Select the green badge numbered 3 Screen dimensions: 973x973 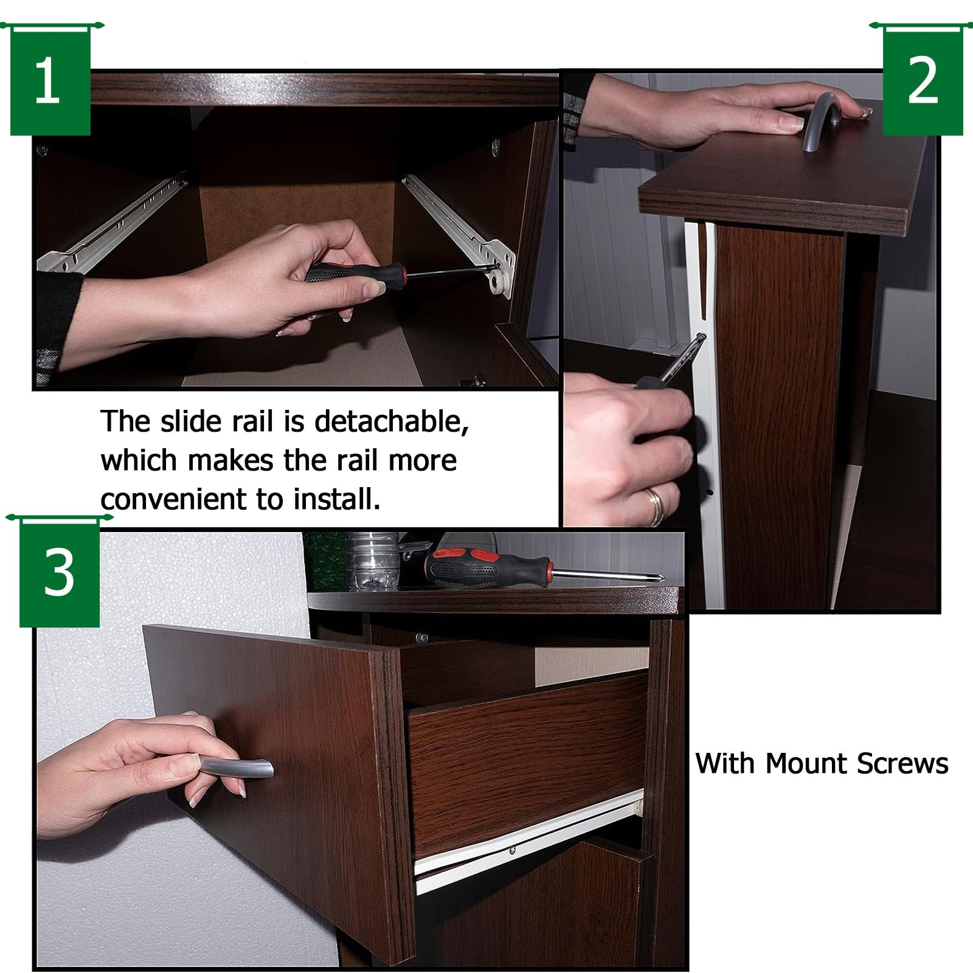tap(59, 572)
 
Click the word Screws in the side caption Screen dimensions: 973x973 tap(902, 763)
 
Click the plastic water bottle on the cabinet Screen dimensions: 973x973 tap(372, 561)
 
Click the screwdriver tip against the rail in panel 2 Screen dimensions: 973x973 tap(702, 336)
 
